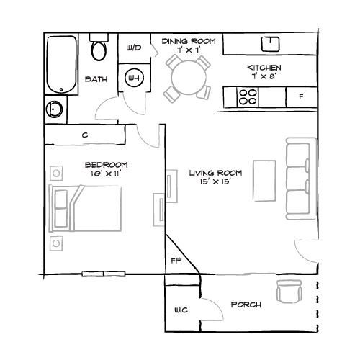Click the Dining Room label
[189, 42]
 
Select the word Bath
[96, 79]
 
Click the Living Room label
[214, 174]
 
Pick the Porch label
[246, 305]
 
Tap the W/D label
[134, 49]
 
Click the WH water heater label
[134, 78]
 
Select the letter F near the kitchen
[301, 96]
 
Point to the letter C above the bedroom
[85, 135]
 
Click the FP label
[175, 260]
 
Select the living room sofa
[300, 177]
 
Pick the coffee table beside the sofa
[264, 181]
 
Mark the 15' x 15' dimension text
[214, 183]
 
